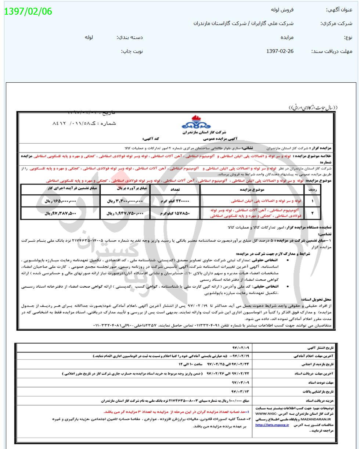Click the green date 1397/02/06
[x=28, y=11]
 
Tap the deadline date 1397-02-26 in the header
[x=280, y=51]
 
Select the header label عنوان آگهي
[x=339, y=10]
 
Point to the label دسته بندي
[x=130, y=37]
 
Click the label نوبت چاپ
[x=132, y=51]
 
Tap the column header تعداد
[x=174, y=190]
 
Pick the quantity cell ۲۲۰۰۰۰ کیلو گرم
[x=174, y=201]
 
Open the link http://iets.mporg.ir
[x=272, y=425]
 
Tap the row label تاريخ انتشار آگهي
[x=321, y=348]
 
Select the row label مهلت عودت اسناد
[x=323, y=383]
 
